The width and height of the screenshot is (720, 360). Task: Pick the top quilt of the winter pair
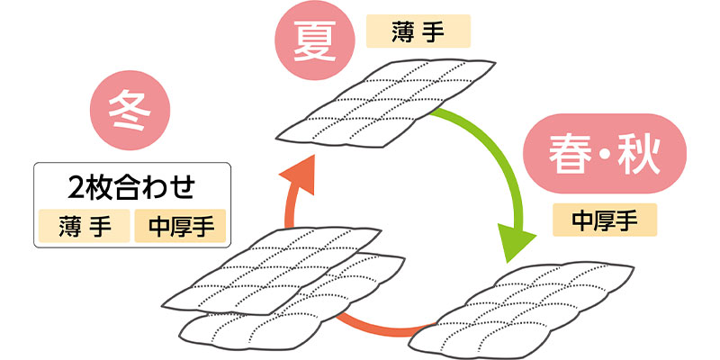(270, 270)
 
